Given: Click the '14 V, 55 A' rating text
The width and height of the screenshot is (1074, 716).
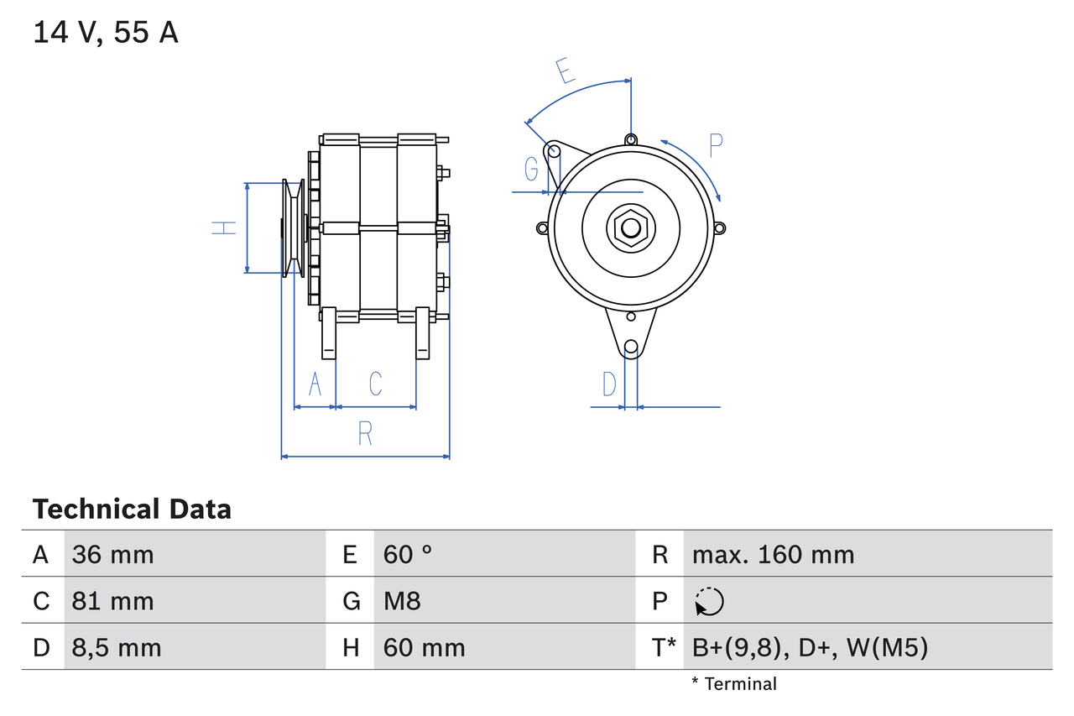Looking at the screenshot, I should click(x=106, y=33).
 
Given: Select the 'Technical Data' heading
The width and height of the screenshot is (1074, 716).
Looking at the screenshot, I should click(x=132, y=510).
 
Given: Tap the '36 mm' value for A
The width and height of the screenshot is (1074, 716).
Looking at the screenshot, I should click(x=113, y=554).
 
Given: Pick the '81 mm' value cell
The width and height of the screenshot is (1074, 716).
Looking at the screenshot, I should click(x=113, y=601).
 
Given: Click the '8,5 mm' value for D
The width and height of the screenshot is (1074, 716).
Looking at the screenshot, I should click(x=117, y=647).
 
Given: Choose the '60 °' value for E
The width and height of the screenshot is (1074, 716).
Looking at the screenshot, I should click(x=408, y=554).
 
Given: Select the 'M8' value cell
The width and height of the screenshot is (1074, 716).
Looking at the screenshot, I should click(x=402, y=601).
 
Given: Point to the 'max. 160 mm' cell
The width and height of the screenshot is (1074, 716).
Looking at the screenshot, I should click(x=773, y=554).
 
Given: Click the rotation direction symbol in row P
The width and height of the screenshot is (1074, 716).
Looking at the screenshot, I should click(x=709, y=601).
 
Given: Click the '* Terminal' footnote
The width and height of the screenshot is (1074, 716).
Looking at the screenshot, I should click(x=734, y=684).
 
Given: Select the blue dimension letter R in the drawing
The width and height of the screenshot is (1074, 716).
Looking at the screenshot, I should click(x=365, y=434).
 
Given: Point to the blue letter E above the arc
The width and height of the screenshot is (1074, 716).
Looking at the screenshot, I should click(x=566, y=71).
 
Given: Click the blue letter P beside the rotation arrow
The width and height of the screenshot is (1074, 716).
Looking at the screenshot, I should click(x=715, y=145).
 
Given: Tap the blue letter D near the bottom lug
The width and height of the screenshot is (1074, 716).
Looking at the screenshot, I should click(x=609, y=384).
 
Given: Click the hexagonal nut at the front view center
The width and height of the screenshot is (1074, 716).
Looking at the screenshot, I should click(x=630, y=227).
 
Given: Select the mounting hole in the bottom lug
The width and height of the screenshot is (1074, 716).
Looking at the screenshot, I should click(x=631, y=347).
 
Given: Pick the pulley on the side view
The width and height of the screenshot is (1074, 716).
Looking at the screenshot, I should click(x=294, y=227).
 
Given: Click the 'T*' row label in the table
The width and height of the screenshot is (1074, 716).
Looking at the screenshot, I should click(x=664, y=647).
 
